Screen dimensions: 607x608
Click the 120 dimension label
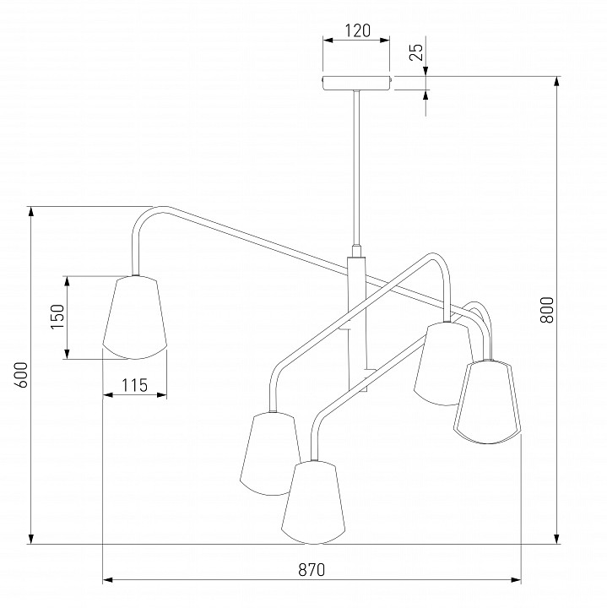click(x=357, y=30)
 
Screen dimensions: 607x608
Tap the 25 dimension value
click(x=417, y=52)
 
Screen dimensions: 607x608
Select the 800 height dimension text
click(x=546, y=310)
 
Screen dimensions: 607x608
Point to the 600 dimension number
click(x=21, y=375)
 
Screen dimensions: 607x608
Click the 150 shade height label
click(x=57, y=317)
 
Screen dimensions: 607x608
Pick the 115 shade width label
click(x=135, y=385)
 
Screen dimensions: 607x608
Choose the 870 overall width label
click(x=312, y=570)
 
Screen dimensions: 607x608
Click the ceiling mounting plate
click(x=356, y=83)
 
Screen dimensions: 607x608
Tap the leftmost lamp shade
click(x=135, y=318)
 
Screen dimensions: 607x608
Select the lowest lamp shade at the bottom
click(x=313, y=502)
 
